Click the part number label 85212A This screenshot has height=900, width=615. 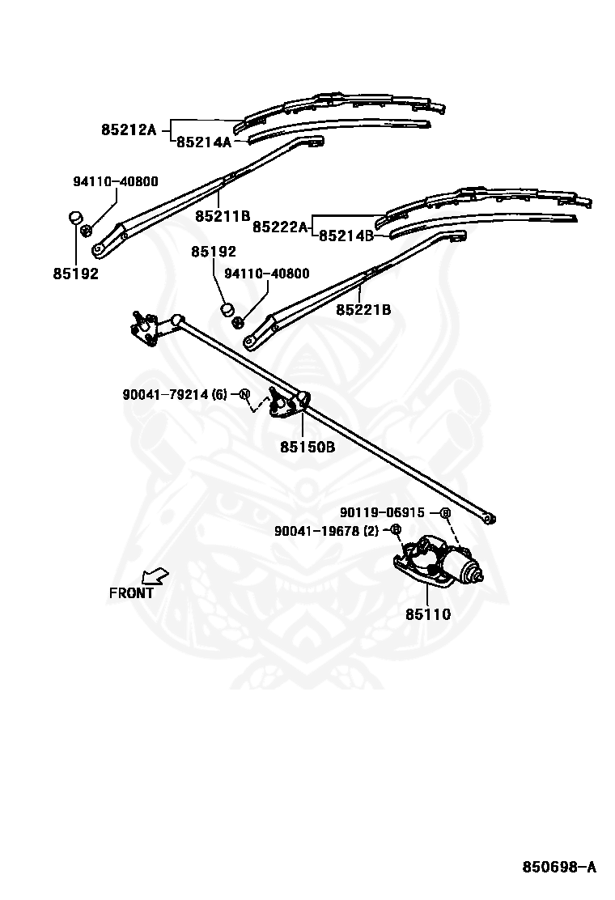[x=129, y=129]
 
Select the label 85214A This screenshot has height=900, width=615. [x=204, y=142]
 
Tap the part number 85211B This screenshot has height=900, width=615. [x=223, y=216]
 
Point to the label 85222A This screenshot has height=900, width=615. [x=281, y=227]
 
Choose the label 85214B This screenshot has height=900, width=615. [x=346, y=236]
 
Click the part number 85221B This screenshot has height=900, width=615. [x=363, y=309]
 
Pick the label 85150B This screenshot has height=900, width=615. [x=307, y=446]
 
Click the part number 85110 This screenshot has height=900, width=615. [x=428, y=614]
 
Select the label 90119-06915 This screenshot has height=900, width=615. [x=382, y=512]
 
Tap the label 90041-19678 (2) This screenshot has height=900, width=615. [x=326, y=531]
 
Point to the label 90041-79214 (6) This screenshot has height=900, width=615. [x=175, y=394]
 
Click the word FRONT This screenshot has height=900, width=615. [x=131, y=593]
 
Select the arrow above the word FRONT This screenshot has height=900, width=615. [x=155, y=575]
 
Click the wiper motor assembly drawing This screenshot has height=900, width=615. [x=439, y=562]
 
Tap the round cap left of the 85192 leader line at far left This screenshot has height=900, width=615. [x=76, y=218]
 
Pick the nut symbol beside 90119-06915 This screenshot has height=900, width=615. [x=445, y=513]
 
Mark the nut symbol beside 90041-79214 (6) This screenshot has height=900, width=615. [x=244, y=394]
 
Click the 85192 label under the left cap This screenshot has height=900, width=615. [x=76, y=274]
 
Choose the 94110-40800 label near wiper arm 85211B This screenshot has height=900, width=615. [x=115, y=181]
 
